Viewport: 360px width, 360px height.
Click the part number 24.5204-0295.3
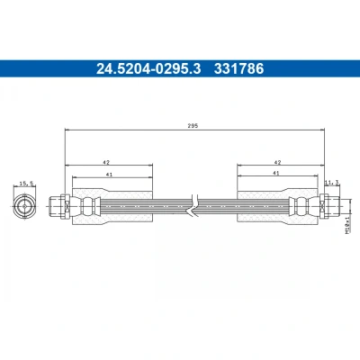click(148, 68)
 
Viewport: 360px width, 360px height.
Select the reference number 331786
click(238, 68)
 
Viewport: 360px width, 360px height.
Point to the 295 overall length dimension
click(193, 126)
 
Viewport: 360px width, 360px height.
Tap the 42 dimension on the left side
click(106, 162)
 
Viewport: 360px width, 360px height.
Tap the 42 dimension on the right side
click(278, 162)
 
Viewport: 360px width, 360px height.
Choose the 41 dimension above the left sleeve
click(109, 175)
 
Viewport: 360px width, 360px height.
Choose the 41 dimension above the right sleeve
click(276, 173)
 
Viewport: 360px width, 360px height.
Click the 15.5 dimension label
click(25, 184)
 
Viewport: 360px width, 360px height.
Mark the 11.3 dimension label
click(332, 182)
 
